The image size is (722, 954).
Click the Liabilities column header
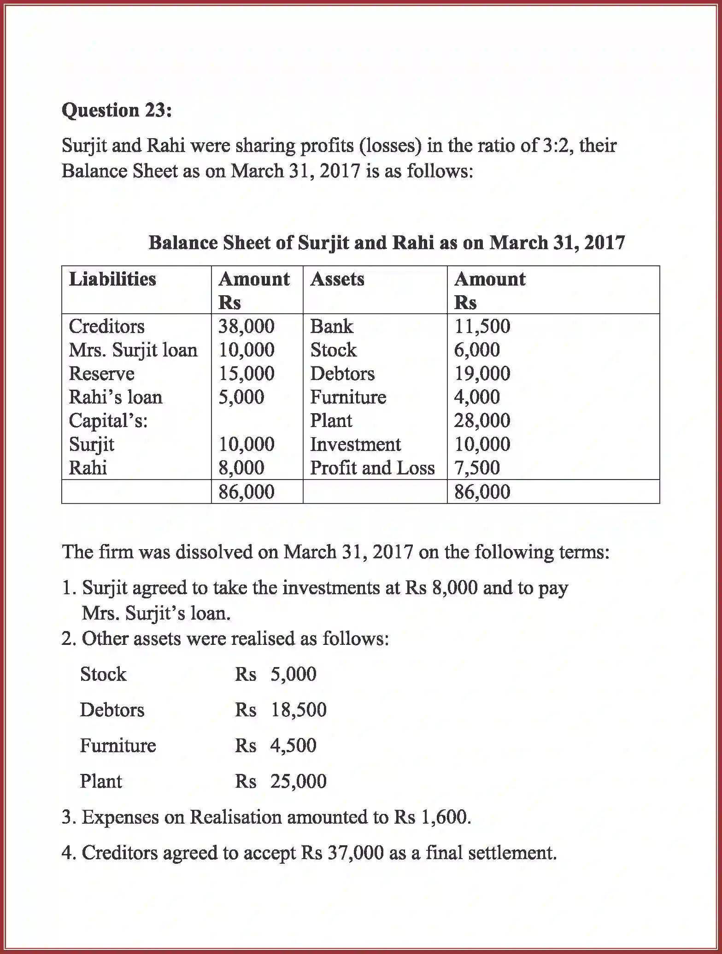pos(112,279)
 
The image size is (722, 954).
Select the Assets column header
pos(337,279)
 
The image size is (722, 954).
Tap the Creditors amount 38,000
pos(247,327)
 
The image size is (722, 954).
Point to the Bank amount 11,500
pos(482,327)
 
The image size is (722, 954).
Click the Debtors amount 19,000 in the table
pos(482,374)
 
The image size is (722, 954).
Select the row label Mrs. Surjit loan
pos(133,350)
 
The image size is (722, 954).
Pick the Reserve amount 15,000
pos(247,374)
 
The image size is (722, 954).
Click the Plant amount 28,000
pos(482,421)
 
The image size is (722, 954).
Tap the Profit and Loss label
pos(372,468)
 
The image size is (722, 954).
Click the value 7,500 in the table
pos(477,468)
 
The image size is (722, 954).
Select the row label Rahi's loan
pos(116,397)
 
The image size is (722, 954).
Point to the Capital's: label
pos(108,421)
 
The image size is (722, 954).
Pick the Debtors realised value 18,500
pos(299,710)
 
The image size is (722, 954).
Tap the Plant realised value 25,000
pos(299,781)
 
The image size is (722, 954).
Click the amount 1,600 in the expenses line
pos(444,817)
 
